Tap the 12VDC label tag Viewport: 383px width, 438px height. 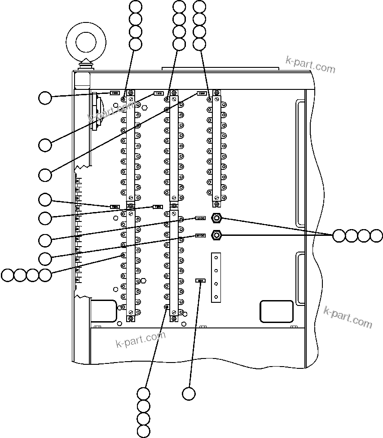[200, 218]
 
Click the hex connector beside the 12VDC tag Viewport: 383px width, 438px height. [216, 218]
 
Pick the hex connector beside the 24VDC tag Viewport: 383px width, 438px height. [216, 234]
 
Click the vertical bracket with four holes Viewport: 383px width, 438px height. [216, 276]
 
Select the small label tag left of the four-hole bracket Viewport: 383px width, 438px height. [200, 280]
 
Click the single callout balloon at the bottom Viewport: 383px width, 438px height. [189, 394]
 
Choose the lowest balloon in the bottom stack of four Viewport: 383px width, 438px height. [143, 431]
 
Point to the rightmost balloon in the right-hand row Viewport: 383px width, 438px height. [376, 235]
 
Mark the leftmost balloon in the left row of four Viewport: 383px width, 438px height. [8, 275]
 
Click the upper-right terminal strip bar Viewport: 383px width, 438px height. [217, 146]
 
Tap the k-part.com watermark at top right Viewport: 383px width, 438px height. [310, 65]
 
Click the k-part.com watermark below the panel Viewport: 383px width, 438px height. [141, 339]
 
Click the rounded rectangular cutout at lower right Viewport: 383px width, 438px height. [277, 311]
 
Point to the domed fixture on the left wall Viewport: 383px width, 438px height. [96, 111]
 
